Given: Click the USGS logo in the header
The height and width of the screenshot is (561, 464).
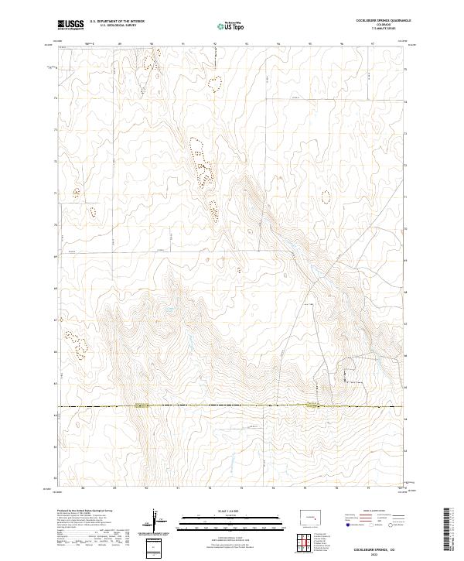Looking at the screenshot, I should click(x=70, y=26).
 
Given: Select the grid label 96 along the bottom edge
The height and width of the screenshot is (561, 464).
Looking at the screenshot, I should click(x=336, y=488).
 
